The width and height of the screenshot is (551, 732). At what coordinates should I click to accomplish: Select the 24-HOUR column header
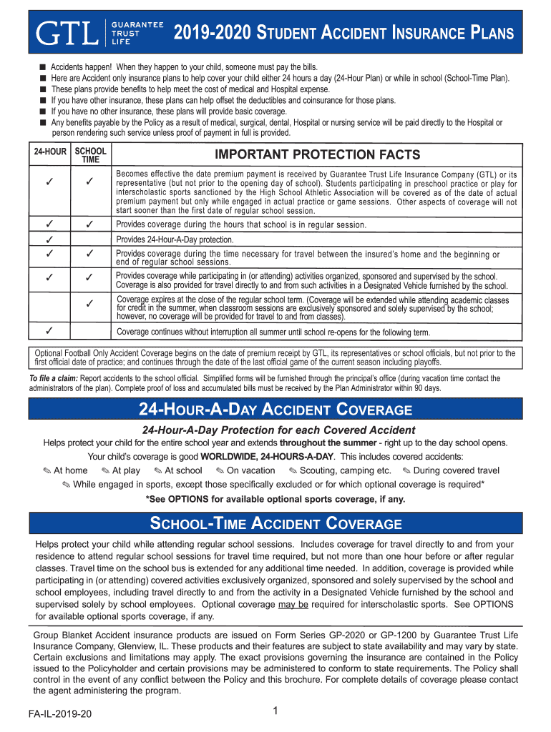49,152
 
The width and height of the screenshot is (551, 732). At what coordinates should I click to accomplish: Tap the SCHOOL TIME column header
91,155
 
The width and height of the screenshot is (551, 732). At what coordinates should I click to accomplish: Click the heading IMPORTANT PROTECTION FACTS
318,155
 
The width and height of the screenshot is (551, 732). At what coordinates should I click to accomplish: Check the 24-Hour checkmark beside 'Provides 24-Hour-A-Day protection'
49,239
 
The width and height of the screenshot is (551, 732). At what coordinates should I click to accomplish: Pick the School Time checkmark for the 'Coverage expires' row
90,304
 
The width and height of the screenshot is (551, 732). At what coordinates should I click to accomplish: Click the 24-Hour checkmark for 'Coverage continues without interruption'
49,331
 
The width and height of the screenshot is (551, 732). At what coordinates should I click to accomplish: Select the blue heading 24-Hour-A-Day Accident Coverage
275,410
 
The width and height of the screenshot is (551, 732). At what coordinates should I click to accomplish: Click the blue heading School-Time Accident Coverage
275,523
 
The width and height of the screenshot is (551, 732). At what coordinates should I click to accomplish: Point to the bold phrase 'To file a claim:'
54,378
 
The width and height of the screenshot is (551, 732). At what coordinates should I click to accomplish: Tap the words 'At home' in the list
71,470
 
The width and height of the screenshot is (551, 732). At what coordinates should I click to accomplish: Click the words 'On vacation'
250,470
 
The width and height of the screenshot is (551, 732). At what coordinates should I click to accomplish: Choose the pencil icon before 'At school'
158,470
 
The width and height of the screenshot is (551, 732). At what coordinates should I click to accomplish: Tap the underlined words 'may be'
293,604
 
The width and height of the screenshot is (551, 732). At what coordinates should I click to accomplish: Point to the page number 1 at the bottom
275,711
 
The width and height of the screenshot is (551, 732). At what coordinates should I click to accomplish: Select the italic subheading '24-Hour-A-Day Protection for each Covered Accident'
278,430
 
